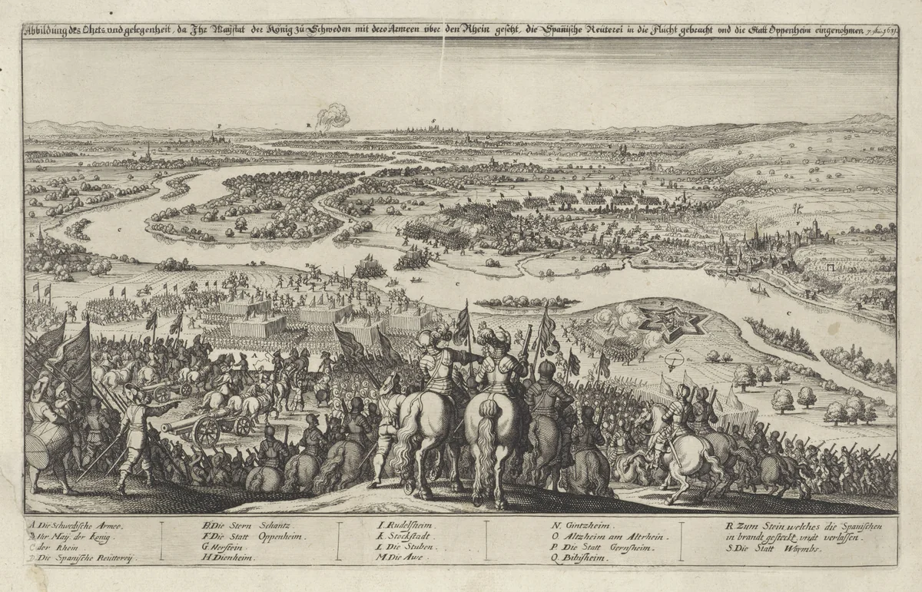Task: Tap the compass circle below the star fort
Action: [x=674, y=360]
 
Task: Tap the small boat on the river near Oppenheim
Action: [x=758, y=290]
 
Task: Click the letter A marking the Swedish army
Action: [x=254, y=357]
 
